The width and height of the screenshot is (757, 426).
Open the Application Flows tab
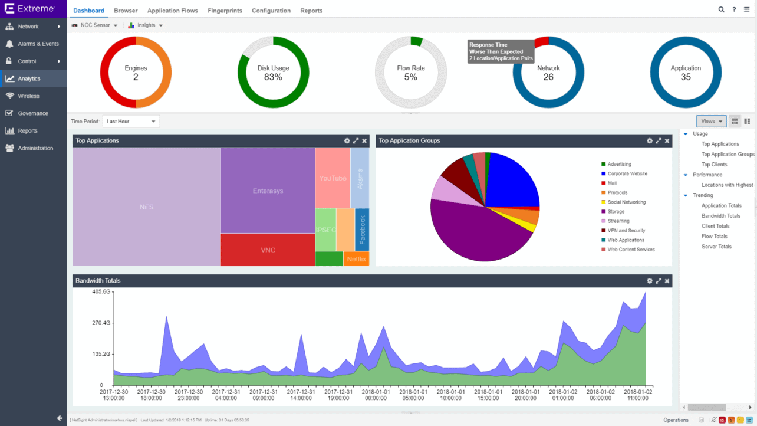point(172,11)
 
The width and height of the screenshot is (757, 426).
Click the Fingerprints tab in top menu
point(225,11)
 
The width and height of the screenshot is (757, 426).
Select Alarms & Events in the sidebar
point(38,44)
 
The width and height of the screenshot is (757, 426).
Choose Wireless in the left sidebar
point(28,96)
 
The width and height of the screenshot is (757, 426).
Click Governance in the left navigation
point(32,113)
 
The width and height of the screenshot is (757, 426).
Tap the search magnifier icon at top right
point(721,10)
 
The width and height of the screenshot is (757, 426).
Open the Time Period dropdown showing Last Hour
point(131,122)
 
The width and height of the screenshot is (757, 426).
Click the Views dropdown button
point(712,122)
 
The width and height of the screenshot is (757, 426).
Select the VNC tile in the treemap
point(268,250)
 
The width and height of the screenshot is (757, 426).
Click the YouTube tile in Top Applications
point(333,178)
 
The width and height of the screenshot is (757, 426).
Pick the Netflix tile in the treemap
point(356,259)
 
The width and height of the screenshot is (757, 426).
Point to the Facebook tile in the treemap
point(362,230)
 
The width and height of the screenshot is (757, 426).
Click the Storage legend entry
point(616,212)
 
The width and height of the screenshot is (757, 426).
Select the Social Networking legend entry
point(626,202)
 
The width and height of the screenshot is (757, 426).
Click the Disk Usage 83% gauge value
point(273,77)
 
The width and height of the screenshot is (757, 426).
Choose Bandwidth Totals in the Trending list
point(721,216)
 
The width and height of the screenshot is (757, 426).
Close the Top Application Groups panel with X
point(667,141)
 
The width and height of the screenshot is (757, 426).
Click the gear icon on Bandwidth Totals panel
point(650,281)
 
